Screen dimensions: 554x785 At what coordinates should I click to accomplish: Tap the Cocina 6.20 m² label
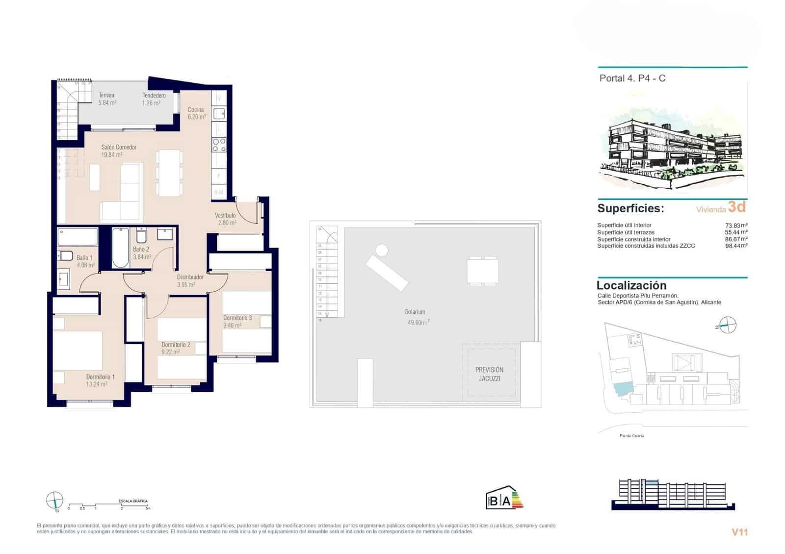click(x=196, y=113)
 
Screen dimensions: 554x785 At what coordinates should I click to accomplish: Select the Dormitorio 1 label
click(x=100, y=380)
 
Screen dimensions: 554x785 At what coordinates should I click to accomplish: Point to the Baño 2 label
click(x=141, y=253)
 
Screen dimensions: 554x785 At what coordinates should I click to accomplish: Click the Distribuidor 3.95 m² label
click(x=189, y=280)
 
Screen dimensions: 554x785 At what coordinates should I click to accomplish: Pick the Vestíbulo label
click(x=225, y=219)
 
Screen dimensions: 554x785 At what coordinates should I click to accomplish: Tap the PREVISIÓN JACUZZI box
click(x=489, y=374)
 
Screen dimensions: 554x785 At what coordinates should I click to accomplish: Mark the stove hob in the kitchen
click(x=219, y=145)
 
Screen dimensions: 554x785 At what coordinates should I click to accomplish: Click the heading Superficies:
click(x=630, y=208)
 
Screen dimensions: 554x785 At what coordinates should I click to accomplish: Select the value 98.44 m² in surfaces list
click(x=736, y=246)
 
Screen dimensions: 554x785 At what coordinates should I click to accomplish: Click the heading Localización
click(x=631, y=285)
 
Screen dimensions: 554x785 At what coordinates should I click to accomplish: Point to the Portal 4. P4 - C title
click(x=632, y=78)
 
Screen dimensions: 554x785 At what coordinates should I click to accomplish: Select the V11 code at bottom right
click(x=739, y=532)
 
